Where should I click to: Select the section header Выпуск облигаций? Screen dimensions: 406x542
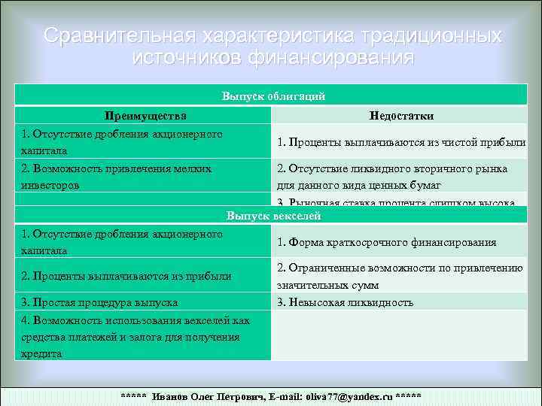[x=273, y=96]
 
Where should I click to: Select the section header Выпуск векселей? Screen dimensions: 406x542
[x=273, y=216]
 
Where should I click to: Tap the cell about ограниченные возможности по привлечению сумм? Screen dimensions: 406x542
[x=399, y=276]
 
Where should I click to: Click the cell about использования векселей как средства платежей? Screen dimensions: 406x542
[x=135, y=336]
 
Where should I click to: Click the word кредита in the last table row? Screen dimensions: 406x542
[x=41, y=353]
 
